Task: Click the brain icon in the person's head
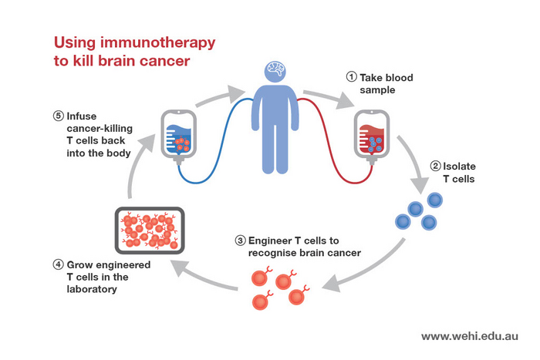click(275, 71)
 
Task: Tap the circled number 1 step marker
click(351, 77)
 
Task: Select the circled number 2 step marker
click(435, 165)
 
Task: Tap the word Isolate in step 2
click(462, 165)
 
